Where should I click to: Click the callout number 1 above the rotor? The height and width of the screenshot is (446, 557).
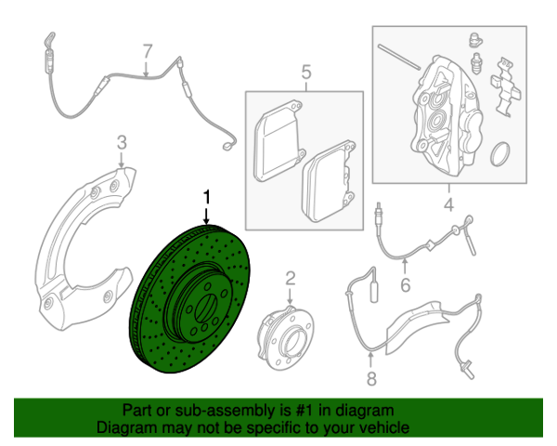[x=206, y=197]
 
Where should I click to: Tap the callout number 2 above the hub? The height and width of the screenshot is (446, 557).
[x=291, y=279]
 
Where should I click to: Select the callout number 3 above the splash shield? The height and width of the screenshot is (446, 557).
[x=122, y=142]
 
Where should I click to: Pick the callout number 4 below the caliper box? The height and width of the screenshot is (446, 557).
[x=449, y=204]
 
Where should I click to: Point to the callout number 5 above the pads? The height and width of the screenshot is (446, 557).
[x=305, y=72]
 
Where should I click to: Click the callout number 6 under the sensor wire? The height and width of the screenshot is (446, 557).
[x=406, y=285]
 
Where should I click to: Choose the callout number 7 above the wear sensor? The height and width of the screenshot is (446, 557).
[x=147, y=51]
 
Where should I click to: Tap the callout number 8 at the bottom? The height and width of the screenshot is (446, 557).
[x=371, y=379]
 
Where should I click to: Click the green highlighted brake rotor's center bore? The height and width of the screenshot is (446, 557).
[x=205, y=308]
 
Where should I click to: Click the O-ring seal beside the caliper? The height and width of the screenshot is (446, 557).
[x=500, y=154]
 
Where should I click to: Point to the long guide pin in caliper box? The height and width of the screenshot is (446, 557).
[x=399, y=57]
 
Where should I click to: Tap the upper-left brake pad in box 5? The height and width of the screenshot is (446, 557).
[x=279, y=141]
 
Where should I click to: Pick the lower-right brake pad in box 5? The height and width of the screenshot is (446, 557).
[x=329, y=181]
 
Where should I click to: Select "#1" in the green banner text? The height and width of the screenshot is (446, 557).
[x=304, y=411]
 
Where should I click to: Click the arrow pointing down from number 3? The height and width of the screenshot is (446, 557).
[x=122, y=160]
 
